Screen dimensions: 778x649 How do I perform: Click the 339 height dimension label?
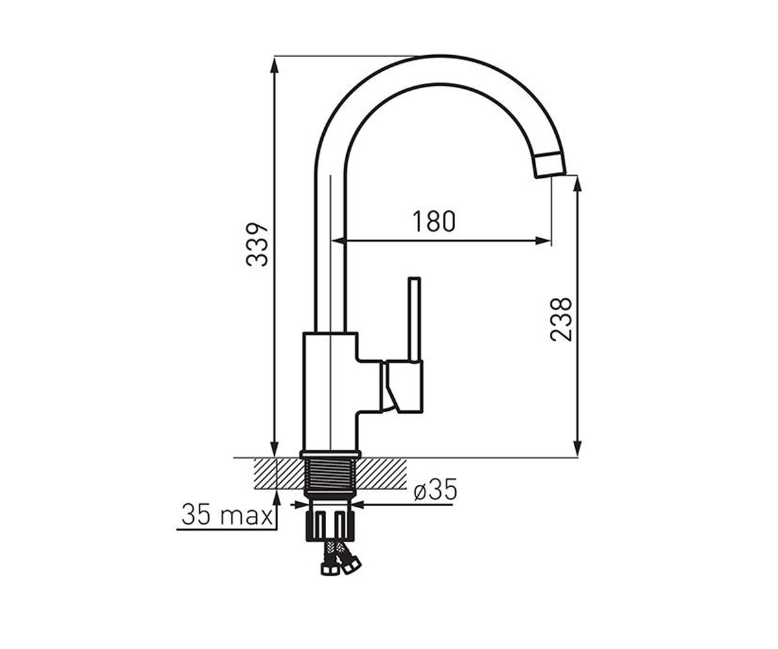[257, 245]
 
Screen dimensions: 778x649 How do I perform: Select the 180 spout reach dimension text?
[434, 221]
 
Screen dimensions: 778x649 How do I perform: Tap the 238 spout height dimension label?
[560, 319]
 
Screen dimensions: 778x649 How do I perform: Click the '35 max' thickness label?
[227, 515]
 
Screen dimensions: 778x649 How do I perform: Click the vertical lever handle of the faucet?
[414, 320]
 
